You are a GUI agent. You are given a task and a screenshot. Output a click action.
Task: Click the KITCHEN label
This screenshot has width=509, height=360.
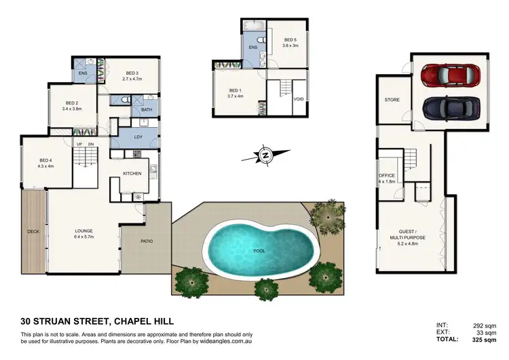[132, 174]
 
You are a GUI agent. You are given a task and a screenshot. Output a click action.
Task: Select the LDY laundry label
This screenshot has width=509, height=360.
[138, 137]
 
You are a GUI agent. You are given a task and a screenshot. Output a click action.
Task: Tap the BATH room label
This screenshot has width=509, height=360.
[147, 110]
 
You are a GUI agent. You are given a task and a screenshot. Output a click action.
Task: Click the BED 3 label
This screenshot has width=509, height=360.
[133, 73]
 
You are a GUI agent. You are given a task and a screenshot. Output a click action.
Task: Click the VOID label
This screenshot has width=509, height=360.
[299, 99]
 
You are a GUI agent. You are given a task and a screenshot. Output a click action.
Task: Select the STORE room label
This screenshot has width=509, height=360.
[392, 100]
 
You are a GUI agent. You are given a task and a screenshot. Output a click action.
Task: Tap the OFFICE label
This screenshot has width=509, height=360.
[386, 178]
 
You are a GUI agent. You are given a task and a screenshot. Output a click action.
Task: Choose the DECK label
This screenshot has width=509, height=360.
[33, 231]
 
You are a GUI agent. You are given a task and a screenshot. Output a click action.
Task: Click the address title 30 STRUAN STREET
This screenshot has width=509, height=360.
[62, 322]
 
